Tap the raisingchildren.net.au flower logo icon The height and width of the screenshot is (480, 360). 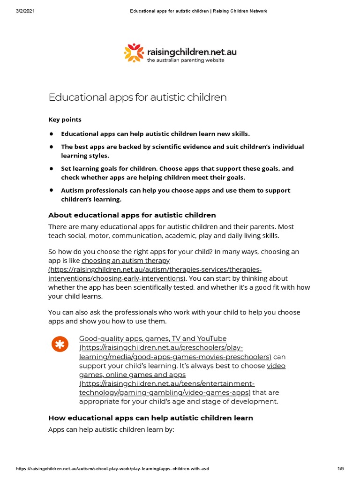pos(133,52)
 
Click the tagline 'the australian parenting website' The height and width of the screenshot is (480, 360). pos(185,60)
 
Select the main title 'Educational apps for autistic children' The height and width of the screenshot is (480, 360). pos(137,97)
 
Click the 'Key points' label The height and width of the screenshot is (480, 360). pos(65,120)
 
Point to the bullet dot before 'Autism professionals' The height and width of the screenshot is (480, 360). pos(51,190)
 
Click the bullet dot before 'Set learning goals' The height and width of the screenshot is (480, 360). pos(51,168)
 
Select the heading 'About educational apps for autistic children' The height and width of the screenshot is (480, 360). pos(132,215)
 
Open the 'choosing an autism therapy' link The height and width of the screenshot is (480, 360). pos(125,260)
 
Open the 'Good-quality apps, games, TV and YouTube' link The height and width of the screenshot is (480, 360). pos(152,338)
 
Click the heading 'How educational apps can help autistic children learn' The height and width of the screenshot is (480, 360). pos(150,418)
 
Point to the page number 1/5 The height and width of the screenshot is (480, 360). pos(340,469)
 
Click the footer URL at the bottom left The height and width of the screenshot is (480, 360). pos(112,469)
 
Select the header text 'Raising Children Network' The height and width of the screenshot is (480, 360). pos(240,11)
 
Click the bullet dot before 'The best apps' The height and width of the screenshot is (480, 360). pos(51,147)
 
